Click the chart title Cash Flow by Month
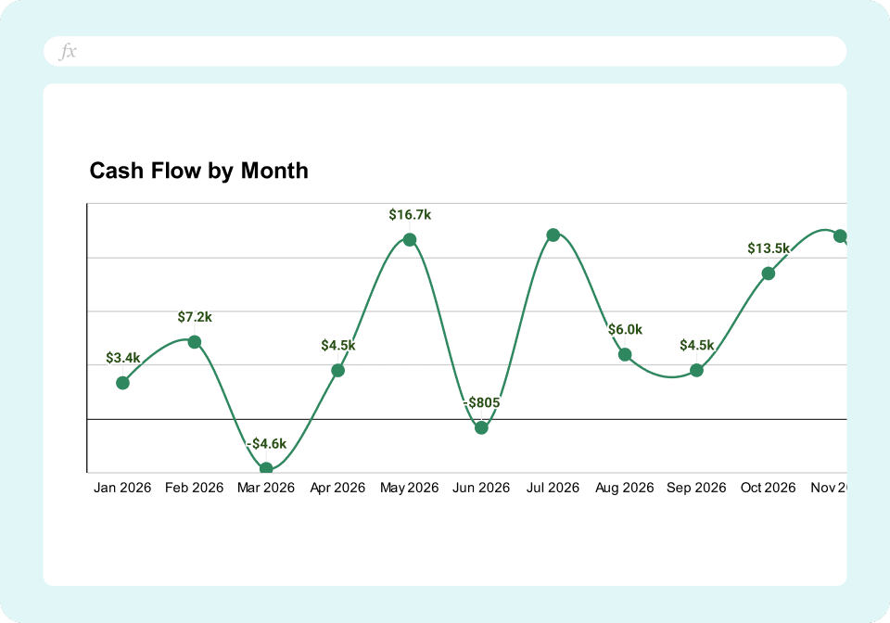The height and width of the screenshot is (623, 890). (x=198, y=171)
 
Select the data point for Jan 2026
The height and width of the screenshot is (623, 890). (x=122, y=382)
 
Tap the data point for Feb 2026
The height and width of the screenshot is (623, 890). (x=195, y=342)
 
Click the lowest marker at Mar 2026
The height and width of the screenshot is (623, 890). (x=266, y=469)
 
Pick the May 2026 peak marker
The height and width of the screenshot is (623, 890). (x=410, y=240)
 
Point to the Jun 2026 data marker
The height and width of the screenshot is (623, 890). (x=481, y=427)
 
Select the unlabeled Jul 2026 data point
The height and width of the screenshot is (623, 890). (x=553, y=235)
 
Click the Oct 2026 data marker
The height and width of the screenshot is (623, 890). (x=769, y=273)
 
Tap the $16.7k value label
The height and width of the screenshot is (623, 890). (x=410, y=215)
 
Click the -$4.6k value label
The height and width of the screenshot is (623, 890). (x=266, y=443)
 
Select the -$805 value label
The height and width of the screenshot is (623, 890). (x=481, y=402)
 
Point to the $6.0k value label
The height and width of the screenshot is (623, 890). (x=625, y=329)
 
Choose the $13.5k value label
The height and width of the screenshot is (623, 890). (x=769, y=248)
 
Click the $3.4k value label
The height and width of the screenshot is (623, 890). (x=122, y=357)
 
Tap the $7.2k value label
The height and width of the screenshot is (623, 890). (x=195, y=317)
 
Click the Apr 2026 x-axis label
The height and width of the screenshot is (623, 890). (x=337, y=488)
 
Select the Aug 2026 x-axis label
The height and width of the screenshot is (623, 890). (x=625, y=488)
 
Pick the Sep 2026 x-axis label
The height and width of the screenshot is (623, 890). (x=696, y=488)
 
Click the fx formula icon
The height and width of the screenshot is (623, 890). (x=68, y=52)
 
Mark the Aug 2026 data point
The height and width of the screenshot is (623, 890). (x=625, y=354)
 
